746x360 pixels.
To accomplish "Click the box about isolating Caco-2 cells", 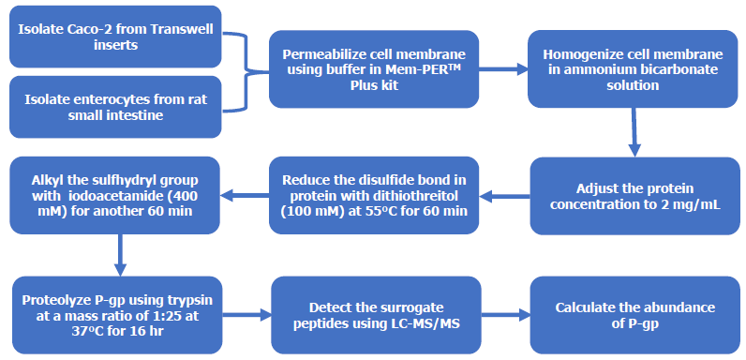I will click(115, 36).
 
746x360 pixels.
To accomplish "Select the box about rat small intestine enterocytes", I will click(115, 106).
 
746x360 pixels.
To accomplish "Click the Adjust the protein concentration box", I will click(633, 196).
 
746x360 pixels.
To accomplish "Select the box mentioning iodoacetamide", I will click(115, 196).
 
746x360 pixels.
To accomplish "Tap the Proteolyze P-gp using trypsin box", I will click(115, 316).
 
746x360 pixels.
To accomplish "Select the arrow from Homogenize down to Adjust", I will click(634, 131).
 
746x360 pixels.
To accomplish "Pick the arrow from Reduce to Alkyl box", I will click(245, 196).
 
